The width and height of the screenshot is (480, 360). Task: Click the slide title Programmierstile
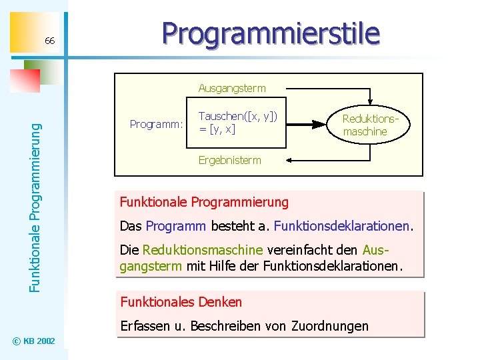tap(271, 33)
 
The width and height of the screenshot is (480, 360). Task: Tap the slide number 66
tap(50, 42)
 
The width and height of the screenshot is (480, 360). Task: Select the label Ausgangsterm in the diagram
tap(231, 88)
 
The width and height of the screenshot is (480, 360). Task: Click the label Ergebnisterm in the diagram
tap(229, 160)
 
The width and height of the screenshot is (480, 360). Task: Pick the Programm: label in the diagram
tap(156, 124)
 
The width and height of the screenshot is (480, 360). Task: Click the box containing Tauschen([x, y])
tap(237, 124)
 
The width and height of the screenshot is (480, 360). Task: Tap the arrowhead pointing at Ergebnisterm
tap(270, 160)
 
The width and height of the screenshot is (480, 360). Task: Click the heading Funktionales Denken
tap(181, 302)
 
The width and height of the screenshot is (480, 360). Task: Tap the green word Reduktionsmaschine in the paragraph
tap(203, 250)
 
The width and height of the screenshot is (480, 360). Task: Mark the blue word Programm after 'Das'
tap(175, 226)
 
